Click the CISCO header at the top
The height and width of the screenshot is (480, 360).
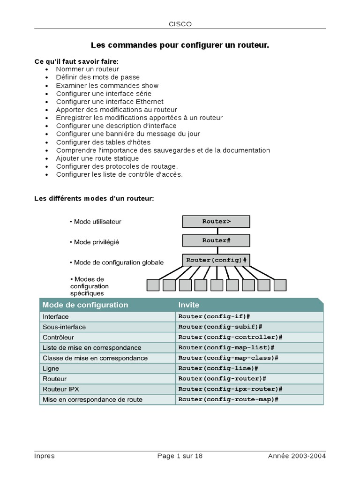pos(180,24)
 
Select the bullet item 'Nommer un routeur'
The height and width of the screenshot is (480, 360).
pos(87,69)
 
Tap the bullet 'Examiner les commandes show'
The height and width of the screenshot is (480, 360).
pos(107,85)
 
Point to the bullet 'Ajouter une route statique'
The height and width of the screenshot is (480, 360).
pos(97,158)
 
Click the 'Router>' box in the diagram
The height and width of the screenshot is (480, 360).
pos(216,222)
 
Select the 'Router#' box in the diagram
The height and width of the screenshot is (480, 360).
pos(216,240)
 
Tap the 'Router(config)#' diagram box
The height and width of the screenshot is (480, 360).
pos(216,260)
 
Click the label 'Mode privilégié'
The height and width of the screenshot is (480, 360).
pos(96,242)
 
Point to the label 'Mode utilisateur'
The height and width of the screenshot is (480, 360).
pos(97,221)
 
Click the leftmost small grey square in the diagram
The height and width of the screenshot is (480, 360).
pos(153,285)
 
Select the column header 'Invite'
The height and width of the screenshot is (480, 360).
pos(188,305)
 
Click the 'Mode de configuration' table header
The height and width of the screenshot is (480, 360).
pos(85,305)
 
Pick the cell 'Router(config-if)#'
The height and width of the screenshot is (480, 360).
pos(215,316)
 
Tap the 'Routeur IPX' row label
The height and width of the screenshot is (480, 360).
pos(61,389)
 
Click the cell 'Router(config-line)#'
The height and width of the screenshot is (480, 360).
pos(218,368)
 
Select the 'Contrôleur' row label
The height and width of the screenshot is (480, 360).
pos(58,337)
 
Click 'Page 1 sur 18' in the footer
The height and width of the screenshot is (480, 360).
pos(180,456)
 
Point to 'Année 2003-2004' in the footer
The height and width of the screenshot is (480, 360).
pos(297,456)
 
